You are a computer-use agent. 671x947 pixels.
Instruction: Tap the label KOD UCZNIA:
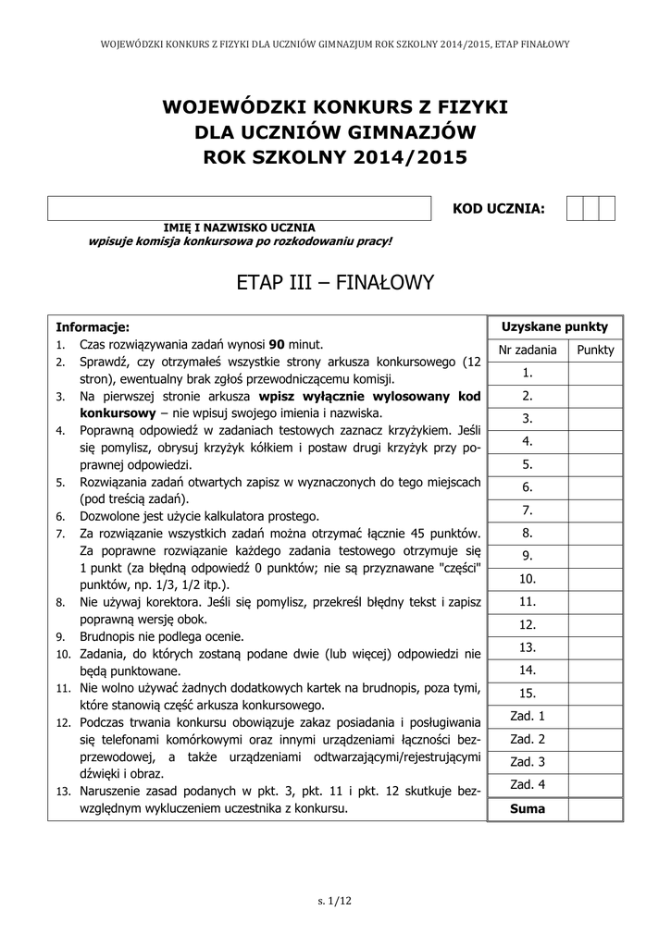[498, 209]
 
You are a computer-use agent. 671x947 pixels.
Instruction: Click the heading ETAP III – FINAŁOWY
[335, 282]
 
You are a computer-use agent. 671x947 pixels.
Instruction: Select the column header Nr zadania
[528, 350]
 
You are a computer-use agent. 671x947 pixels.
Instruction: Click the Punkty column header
[595, 350]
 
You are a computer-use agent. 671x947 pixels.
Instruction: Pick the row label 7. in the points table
[528, 510]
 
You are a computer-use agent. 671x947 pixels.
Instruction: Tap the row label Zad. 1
[528, 716]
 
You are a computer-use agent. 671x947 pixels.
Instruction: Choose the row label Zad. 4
[528, 784]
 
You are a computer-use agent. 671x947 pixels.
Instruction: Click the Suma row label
[528, 808]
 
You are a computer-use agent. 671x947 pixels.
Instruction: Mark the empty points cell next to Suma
[595, 808]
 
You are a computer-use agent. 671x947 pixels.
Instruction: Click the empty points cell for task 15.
[595, 693]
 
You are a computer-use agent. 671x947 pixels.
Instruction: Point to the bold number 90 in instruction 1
[275, 344]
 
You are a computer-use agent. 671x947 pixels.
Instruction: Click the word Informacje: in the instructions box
[93, 326]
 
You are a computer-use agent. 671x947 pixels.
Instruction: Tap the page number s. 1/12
[335, 902]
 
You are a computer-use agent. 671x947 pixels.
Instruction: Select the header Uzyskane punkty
[554, 326]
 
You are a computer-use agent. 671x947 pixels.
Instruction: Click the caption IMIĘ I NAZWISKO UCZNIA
[239, 228]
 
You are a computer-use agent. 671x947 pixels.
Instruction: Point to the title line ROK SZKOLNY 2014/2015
[335, 157]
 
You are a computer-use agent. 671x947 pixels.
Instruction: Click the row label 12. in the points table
[528, 624]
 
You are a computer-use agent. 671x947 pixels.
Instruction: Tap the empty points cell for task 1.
[595, 373]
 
